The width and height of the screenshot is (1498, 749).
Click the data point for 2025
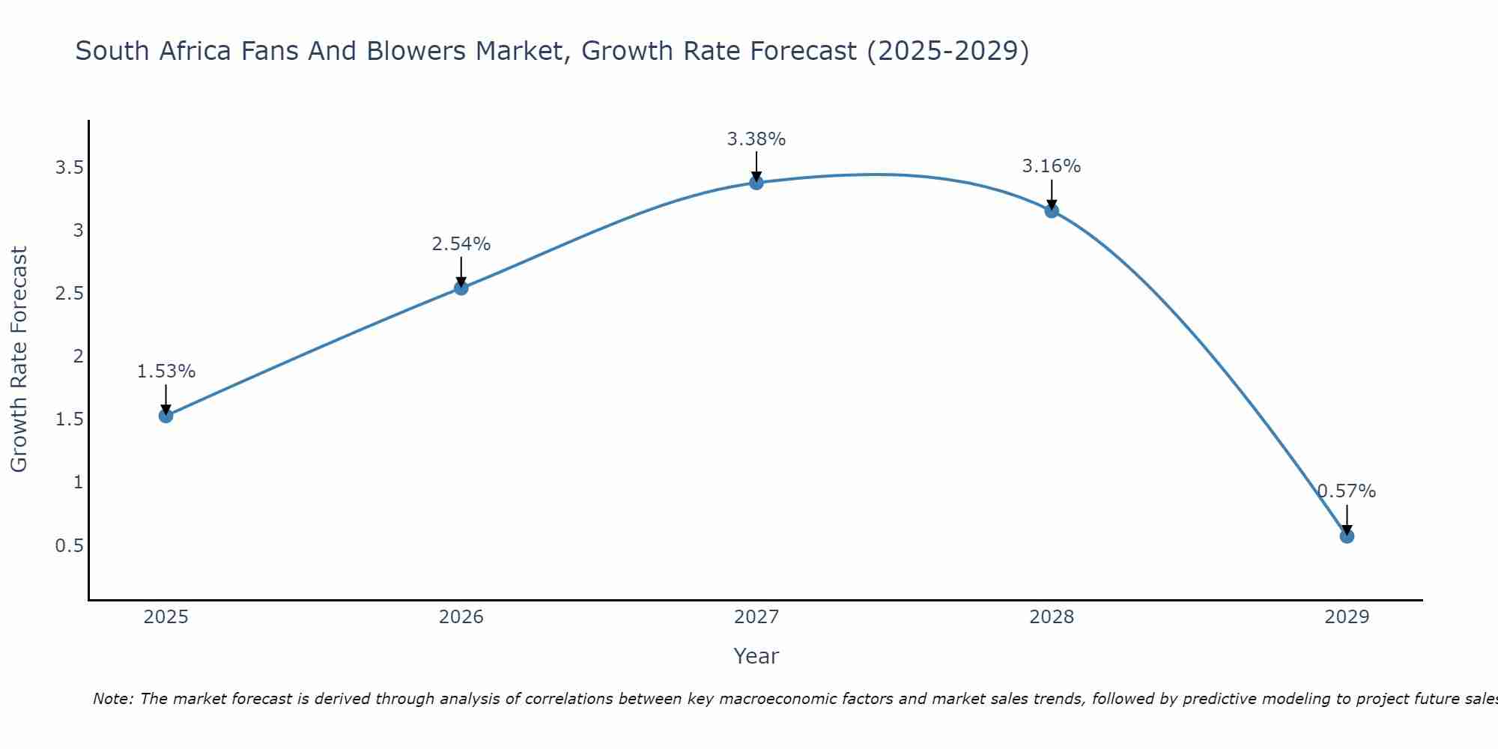click(166, 416)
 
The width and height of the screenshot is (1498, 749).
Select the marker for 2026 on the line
click(461, 288)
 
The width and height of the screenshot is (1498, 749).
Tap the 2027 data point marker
click(756, 182)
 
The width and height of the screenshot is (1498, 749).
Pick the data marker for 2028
click(1052, 210)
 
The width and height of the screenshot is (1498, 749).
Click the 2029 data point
click(1347, 536)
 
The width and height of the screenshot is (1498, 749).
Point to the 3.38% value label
click(756, 139)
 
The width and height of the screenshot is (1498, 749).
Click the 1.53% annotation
click(166, 372)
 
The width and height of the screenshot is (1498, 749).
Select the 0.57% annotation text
click(1347, 491)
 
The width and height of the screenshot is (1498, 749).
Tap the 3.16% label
click(1052, 166)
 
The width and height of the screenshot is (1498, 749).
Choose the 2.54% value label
click(461, 244)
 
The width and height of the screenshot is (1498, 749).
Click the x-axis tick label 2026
click(461, 617)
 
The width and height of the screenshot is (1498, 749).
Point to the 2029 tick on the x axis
click(1347, 617)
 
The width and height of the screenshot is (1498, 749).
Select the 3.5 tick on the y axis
click(69, 167)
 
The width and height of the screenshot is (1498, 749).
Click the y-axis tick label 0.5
click(69, 545)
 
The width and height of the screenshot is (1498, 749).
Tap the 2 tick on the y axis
click(78, 357)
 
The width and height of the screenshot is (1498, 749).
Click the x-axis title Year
click(756, 656)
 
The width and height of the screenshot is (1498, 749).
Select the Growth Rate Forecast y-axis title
click(19, 360)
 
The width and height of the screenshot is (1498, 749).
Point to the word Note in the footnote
click(112, 699)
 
